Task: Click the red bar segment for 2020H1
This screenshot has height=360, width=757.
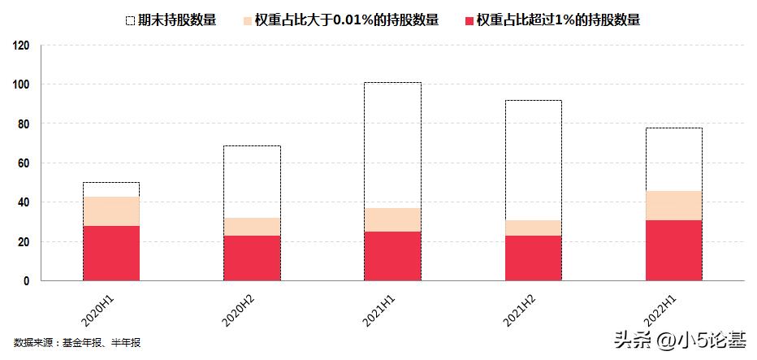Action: tap(111, 253)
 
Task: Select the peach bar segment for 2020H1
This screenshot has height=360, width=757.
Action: tap(111, 210)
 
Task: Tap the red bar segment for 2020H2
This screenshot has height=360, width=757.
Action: tap(252, 258)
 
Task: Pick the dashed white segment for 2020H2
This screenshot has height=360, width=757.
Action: tap(252, 181)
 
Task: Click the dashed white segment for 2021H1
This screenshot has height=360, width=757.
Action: tap(392, 145)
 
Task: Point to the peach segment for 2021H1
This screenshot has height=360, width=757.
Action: tap(392, 219)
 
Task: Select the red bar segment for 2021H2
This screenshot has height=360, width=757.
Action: tap(533, 258)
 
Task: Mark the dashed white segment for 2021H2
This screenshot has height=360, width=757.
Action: tap(533, 160)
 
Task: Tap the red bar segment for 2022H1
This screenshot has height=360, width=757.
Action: tap(673, 250)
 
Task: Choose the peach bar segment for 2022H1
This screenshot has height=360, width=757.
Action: tap(673, 205)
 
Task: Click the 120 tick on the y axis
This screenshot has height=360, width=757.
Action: tap(22, 46)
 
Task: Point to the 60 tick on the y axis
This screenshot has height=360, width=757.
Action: tap(24, 163)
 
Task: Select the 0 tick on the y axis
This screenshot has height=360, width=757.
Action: tap(27, 281)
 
